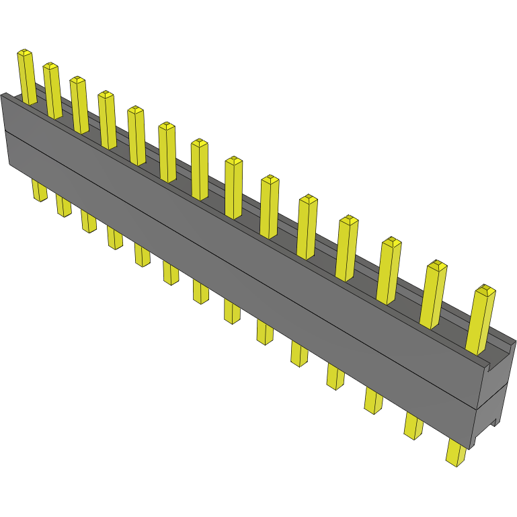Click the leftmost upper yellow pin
27,77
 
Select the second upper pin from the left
52,90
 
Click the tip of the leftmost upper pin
24,52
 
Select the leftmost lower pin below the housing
40,190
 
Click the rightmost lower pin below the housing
456,452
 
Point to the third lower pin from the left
89,221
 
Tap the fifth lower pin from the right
299,353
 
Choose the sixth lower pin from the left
171,272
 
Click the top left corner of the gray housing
4,95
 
